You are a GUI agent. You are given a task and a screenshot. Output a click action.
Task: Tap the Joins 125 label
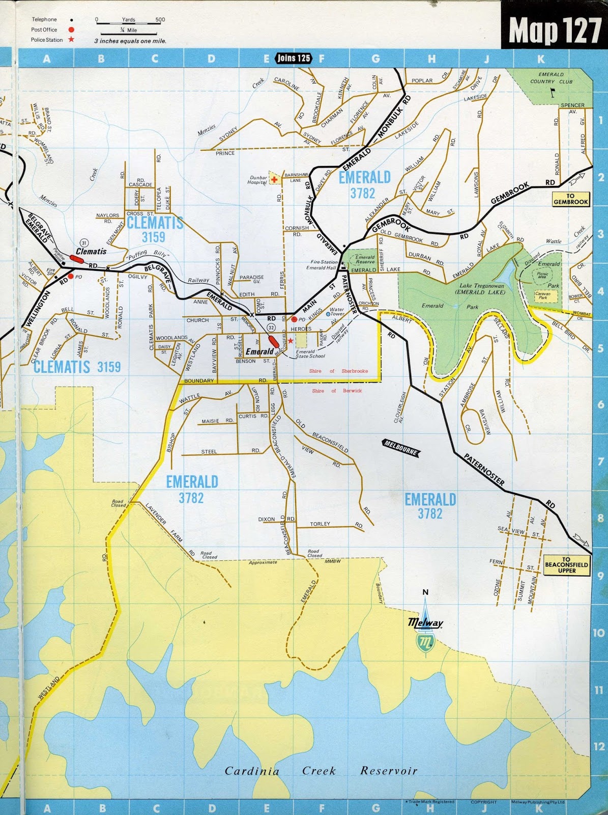click(x=294, y=58)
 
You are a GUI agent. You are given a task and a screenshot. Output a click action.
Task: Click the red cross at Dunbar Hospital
click(x=275, y=179)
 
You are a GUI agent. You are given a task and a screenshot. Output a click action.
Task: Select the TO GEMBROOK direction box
click(x=570, y=199)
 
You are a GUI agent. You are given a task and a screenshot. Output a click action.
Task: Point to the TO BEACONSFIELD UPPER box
click(x=566, y=565)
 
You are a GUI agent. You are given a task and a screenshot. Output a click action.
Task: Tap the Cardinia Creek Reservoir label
click(x=321, y=771)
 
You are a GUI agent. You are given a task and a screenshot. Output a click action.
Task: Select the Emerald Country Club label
click(x=551, y=78)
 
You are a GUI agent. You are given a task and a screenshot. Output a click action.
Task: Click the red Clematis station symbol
click(x=76, y=259)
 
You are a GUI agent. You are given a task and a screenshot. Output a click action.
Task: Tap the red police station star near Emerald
click(x=290, y=341)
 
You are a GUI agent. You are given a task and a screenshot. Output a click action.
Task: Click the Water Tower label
click(x=337, y=311)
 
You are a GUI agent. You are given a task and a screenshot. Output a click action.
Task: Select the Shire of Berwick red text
click(x=337, y=391)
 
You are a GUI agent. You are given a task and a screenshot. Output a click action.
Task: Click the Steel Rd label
click(x=209, y=451)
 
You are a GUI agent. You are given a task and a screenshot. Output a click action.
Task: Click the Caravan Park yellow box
click(x=543, y=295)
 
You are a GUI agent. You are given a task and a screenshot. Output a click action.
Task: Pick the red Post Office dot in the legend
click(x=71, y=30)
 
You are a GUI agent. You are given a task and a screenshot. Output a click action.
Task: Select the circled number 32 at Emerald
click(x=271, y=327)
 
